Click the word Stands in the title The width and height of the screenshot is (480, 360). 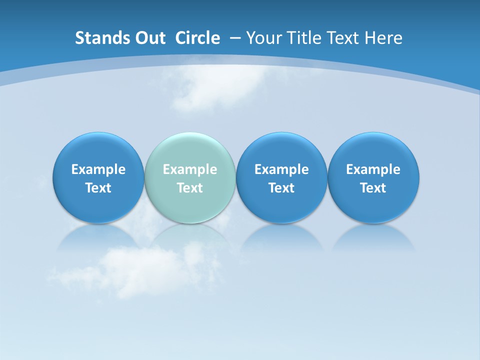96,38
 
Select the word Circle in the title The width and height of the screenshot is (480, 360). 197,38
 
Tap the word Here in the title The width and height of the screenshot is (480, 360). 384,38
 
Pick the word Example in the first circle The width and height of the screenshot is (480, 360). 98,169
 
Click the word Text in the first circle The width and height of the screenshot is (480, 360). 98,188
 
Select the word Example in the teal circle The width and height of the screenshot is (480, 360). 190,169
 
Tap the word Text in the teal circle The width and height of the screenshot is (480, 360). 190,188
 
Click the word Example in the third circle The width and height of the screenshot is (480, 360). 281,169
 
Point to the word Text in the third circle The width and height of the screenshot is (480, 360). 281,188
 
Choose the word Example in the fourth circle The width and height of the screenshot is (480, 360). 373,169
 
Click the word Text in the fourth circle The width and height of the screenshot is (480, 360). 373,188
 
